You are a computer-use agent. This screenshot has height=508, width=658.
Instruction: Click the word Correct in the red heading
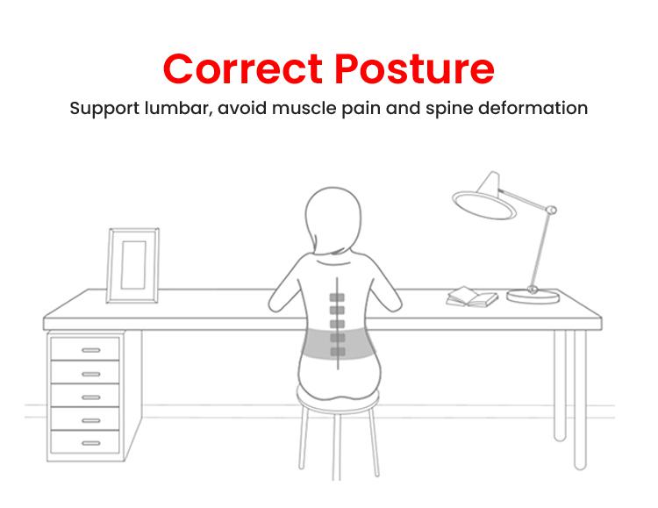click(x=243, y=68)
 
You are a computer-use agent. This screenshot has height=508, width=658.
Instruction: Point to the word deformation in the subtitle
click(x=533, y=108)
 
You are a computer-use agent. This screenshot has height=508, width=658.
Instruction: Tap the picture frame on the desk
click(x=133, y=266)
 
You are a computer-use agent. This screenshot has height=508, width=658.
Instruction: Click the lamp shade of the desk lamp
click(x=483, y=198)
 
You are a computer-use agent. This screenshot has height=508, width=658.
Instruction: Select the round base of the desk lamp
click(x=533, y=296)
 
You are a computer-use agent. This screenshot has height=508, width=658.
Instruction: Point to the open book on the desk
click(x=472, y=297)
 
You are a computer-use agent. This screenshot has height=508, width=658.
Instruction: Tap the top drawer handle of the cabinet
click(x=91, y=350)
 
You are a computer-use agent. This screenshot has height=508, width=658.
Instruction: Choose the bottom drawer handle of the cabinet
click(x=91, y=443)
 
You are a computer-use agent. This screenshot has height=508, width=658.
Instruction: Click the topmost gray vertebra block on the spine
click(x=337, y=297)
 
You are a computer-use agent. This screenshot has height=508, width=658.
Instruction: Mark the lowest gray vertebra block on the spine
click(x=338, y=352)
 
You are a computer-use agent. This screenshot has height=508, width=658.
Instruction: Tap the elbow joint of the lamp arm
click(x=551, y=210)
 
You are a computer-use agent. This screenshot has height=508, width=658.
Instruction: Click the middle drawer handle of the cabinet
click(x=91, y=397)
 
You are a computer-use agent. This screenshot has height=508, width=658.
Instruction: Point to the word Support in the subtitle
click(x=104, y=109)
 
